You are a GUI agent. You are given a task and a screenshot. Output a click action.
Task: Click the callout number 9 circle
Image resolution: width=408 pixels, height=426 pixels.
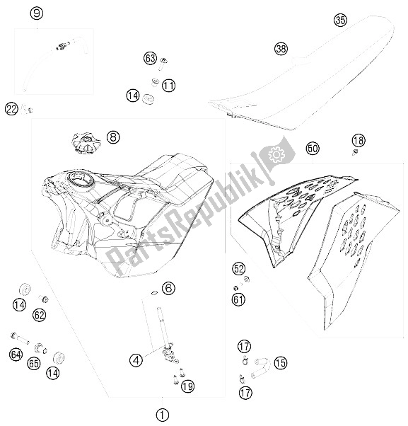[x=37, y=13]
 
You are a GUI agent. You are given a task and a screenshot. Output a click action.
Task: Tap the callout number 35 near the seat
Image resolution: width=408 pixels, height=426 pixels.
[x=340, y=20]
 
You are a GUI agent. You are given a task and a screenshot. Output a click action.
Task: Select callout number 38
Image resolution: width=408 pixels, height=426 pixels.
[x=281, y=49]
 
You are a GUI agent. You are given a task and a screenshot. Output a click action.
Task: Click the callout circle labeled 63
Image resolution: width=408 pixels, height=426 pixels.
[x=150, y=58]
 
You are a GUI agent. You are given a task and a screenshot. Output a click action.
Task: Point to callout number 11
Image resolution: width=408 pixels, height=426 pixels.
[x=168, y=86]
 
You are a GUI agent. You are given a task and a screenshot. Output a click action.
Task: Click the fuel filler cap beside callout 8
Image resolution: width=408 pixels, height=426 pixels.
[x=86, y=143]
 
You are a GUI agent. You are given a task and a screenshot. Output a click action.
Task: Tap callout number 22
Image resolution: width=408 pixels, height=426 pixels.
[x=12, y=109]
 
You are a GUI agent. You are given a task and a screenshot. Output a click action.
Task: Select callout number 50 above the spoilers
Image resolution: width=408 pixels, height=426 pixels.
[x=313, y=149]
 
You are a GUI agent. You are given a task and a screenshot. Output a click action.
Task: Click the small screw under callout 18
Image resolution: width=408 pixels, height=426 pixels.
[x=354, y=152]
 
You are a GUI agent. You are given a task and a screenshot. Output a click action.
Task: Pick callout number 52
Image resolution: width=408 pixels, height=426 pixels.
[x=238, y=269]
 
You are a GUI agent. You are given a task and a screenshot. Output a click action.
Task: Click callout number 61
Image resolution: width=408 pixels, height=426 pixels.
[x=238, y=299]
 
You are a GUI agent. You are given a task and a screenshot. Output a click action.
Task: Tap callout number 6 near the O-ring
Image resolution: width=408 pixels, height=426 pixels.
[x=168, y=288]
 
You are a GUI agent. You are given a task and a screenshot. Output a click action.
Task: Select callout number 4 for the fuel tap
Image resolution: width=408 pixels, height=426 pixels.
[x=136, y=360]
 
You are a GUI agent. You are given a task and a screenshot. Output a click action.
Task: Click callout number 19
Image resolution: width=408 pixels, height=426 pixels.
[x=188, y=386]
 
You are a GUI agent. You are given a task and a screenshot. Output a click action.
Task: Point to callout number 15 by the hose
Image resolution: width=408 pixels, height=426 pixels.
[x=281, y=363]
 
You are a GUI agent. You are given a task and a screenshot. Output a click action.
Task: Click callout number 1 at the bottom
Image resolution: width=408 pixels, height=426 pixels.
[x=163, y=415]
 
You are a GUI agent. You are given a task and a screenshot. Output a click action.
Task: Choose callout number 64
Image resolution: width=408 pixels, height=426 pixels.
[x=16, y=355]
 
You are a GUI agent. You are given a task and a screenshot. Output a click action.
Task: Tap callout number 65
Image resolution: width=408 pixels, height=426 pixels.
[x=34, y=363]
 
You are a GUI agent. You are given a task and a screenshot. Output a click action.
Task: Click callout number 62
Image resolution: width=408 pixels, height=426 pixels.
[x=40, y=315]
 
